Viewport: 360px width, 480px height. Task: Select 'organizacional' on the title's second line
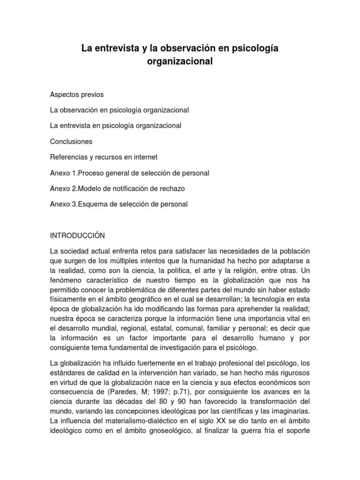point(180,61)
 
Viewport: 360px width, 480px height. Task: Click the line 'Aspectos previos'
point(77,95)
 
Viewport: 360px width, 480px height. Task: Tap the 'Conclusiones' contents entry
point(71,141)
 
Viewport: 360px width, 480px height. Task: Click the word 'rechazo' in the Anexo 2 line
point(173,188)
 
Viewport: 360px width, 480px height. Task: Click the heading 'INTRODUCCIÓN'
point(78,235)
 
